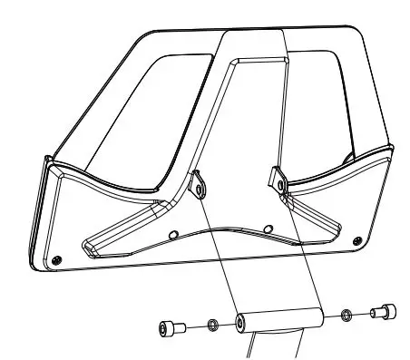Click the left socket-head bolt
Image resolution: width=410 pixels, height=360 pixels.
170,327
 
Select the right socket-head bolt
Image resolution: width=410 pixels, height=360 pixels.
383,314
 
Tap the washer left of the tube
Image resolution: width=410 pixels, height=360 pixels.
211,325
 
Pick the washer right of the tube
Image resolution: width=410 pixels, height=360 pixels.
347,316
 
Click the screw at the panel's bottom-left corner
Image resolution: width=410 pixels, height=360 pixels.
58,260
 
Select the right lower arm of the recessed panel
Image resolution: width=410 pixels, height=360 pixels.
317,218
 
